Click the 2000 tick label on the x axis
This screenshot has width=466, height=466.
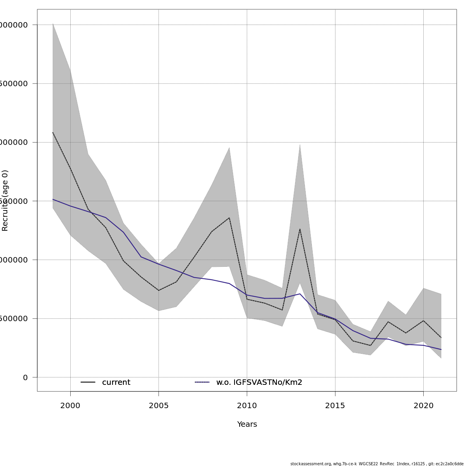70,406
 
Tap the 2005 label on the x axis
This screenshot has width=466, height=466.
158,406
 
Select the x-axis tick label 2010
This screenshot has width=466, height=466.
247,406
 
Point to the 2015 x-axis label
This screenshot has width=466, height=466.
335,406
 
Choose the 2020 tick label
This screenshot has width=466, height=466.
423,406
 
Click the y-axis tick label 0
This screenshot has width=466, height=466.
25,377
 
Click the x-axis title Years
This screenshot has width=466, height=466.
247,424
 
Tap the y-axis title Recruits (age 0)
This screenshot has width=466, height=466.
5,200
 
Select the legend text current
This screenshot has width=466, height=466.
116,383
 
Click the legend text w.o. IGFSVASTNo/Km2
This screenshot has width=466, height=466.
259,383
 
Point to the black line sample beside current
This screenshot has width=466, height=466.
88,383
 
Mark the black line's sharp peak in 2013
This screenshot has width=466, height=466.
300,229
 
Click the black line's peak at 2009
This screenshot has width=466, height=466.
229,218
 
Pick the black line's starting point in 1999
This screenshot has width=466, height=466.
53,132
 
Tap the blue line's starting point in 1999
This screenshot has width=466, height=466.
53,199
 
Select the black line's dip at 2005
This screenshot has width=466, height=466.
158,290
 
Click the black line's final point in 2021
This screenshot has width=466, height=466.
441,337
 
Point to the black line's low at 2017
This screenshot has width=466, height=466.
370,345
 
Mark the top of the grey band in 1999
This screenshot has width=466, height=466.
53,24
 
